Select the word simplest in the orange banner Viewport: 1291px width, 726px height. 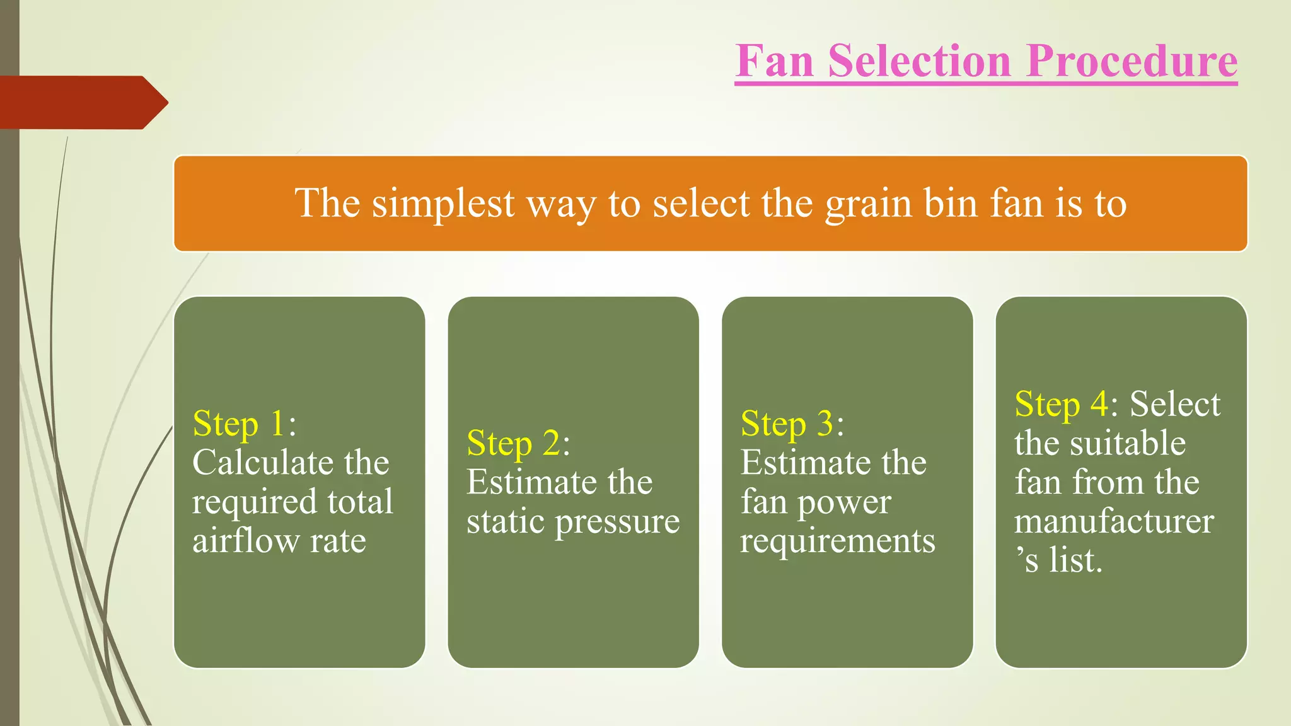[x=443, y=204]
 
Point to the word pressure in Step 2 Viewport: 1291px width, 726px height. [x=617, y=522]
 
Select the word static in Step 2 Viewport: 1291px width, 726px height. [x=506, y=521]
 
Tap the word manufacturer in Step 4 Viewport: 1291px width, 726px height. [x=1114, y=521]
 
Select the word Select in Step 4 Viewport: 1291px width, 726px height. [x=1175, y=404]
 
